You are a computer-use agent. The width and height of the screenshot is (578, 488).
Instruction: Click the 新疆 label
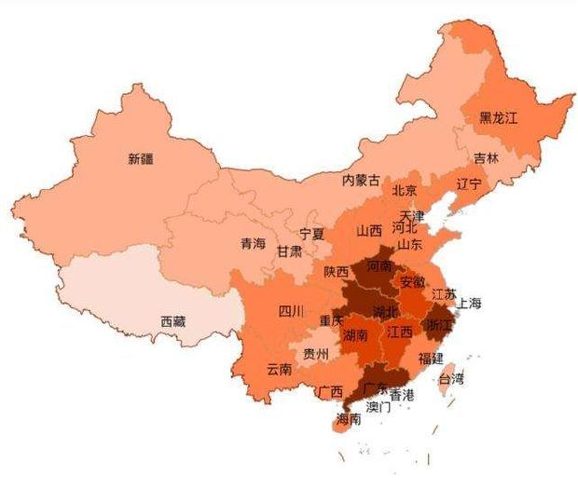141,159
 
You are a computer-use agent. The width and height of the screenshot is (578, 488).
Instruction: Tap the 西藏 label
172,321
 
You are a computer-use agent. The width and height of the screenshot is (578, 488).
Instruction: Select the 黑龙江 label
498,118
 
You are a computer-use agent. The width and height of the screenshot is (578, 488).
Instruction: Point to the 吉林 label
486,158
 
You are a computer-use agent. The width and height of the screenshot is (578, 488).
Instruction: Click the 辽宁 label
469,183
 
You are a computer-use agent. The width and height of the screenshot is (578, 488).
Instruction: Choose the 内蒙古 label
361,180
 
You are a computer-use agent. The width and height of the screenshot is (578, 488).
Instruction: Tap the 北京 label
405,190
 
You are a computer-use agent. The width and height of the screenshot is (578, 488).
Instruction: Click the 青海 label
253,244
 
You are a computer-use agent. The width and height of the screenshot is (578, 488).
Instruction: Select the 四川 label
291,312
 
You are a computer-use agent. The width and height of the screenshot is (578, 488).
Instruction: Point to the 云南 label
279,369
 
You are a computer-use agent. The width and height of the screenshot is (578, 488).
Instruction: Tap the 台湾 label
452,379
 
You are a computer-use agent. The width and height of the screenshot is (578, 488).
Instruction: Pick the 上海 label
470,303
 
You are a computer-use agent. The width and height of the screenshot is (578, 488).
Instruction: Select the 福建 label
431,358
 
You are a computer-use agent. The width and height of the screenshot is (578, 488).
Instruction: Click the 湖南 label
355,334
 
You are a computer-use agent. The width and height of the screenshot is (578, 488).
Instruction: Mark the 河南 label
380,265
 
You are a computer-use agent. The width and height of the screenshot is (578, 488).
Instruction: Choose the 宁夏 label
311,234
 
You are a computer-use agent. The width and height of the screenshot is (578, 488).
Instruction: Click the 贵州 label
316,354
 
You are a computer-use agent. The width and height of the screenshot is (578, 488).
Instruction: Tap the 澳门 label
378,407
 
